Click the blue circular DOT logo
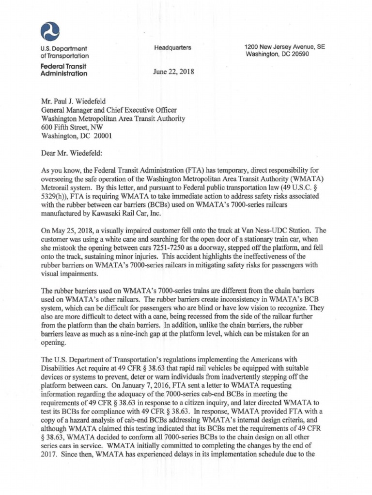click(x=50, y=31)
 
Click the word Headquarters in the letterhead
click(x=172, y=47)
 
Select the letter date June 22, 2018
click(x=173, y=72)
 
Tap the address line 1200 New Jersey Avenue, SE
click(x=284, y=47)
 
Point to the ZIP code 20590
click(x=298, y=54)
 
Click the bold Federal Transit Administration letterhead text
click(x=63, y=70)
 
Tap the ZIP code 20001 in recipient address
click(x=103, y=136)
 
